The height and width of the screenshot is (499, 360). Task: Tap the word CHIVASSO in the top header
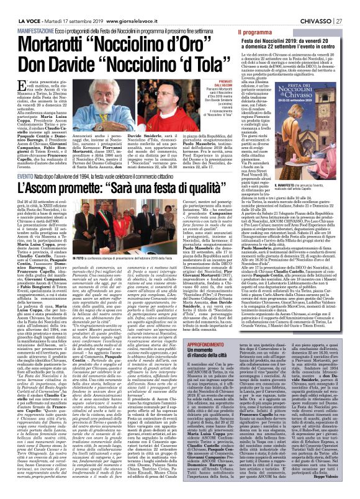[315, 6]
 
